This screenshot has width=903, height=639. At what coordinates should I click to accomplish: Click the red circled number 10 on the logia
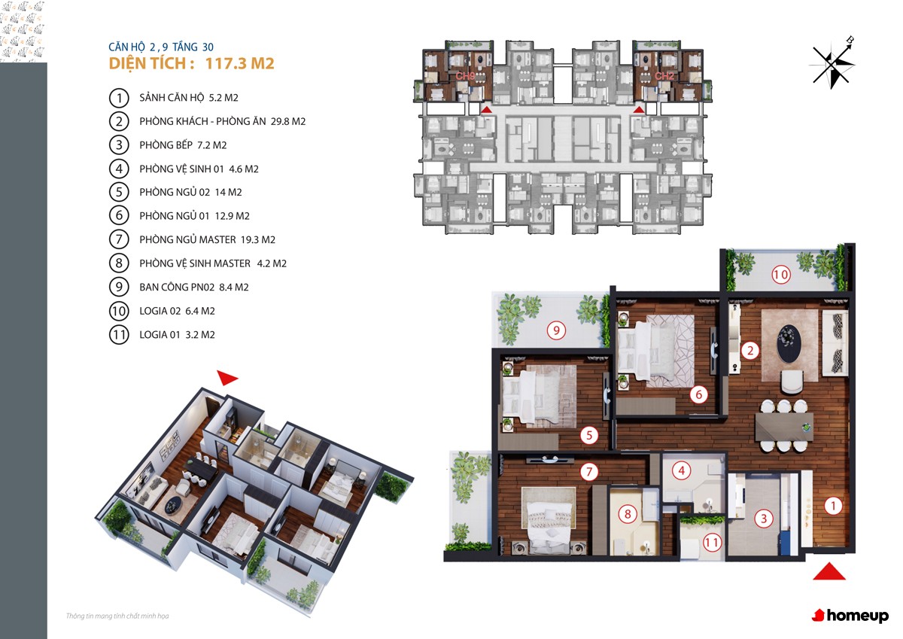pyautogui.click(x=780, y=275)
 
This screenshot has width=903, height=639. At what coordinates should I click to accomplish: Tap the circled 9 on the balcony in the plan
pyautogui.click(x=556, y=330)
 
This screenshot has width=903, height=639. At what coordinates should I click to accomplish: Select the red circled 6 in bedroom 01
pyautogui.click(x=698, y=394)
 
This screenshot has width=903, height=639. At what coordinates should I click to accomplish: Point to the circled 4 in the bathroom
pyautogui.click(x=682, y=470)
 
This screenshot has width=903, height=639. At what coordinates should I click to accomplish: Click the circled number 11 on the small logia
pyautogui.click(x=712, y=543)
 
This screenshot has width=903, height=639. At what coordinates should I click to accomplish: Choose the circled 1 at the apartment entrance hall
pyautogui.click(x=833, y=506)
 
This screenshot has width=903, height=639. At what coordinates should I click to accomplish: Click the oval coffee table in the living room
pyautogui.click(x=789, y=343)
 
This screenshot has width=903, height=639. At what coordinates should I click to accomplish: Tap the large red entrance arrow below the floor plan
pyautogui.click(x=829, y=571)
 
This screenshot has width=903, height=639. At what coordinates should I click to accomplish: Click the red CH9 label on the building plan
pyautogui.click(x=465, y=76)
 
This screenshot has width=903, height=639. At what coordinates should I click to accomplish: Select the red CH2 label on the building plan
pyautogui.click(x=664, y=76)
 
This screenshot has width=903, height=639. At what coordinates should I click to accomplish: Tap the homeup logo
pyautogui.click(x=850, y=615)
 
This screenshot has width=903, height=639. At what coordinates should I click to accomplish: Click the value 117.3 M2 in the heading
pyautogui.click(x=240, y=63)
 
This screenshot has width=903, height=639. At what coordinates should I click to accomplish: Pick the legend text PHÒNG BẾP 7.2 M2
pyautogui.click(x=183, y=145)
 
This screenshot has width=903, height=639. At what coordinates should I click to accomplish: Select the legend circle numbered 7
pyautogui.click(x=119, y=239)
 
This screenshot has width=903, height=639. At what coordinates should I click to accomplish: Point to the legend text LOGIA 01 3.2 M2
pyautogui.click(x=177, y=335)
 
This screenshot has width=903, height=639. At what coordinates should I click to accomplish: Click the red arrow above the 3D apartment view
pyautogui.click(x=227, y=377)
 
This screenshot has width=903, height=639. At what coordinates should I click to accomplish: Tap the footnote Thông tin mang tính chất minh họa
pyautogui.click(x=117, y=616)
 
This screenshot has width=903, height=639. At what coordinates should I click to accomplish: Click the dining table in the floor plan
pyautogui.click(x=784, y=427)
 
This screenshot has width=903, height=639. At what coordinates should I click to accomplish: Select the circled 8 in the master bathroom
pyautogui.click(x=628, y=514)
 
